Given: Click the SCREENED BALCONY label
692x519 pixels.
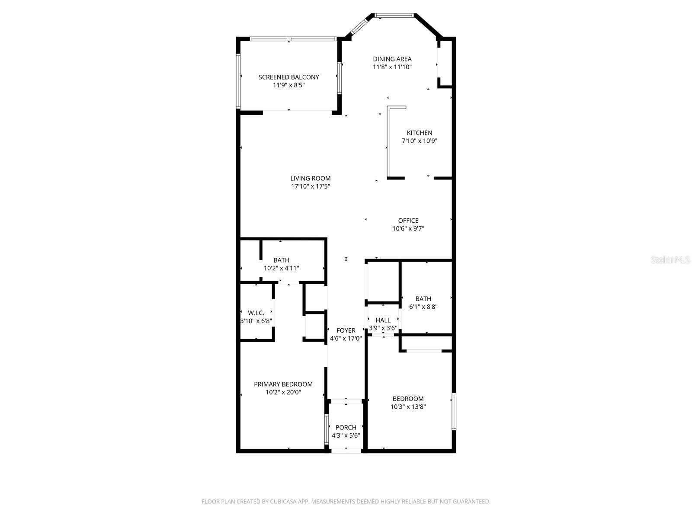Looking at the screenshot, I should coord(288,77).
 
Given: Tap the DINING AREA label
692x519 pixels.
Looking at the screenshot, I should coord(392,59).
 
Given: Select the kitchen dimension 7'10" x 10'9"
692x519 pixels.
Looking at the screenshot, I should coord(419,141).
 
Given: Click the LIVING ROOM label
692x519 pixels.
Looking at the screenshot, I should coord(310,178).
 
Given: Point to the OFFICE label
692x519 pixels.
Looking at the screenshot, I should coord(408,221).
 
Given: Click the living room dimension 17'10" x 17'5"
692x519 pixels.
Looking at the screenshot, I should coord(310,186).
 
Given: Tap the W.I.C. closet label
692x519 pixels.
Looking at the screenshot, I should coord(256,313).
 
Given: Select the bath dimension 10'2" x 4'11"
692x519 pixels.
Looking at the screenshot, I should coord(281,268).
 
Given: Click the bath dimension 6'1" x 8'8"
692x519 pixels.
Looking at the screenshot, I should coord(423,307).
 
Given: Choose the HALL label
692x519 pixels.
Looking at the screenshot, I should coord(383,320).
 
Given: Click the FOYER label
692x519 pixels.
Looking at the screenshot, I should coord(346,330).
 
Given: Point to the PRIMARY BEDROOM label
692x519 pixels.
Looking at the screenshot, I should coord(283,384).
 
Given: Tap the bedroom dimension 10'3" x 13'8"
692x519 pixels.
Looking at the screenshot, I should coord(408,407).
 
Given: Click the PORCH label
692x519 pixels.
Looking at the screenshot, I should coord(346,427).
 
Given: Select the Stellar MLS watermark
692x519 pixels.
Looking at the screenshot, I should coord(670,260).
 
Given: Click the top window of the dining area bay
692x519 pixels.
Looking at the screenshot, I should coord(394,16).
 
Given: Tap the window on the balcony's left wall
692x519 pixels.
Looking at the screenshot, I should coord(238,80).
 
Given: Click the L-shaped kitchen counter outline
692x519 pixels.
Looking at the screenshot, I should coord(389,143).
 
